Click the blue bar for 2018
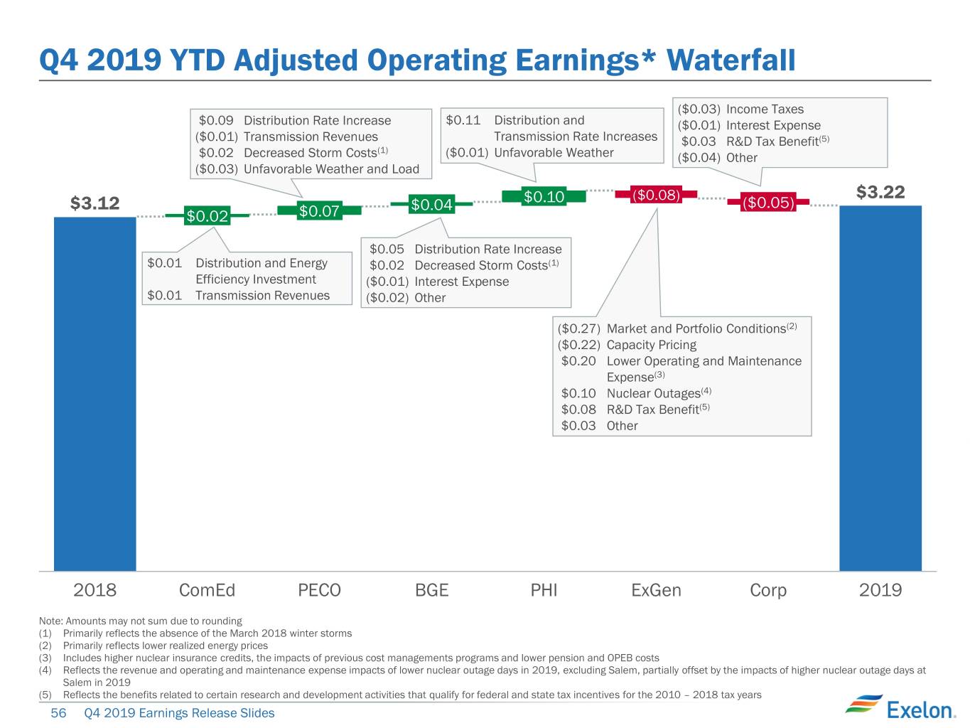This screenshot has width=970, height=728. (95, 393)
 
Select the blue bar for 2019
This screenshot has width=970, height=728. (880, 388)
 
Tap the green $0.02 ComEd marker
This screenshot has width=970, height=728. (207, 215)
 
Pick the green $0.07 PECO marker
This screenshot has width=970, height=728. (319, 210)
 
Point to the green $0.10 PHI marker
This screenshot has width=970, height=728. (544, 196)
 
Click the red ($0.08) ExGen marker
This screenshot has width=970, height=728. (656, 195)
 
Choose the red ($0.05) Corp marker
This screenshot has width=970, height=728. (768, 202)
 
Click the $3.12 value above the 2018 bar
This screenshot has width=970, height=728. (95, 203)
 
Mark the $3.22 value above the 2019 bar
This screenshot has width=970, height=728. (880, 192)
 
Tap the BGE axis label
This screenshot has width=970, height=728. (432, 590)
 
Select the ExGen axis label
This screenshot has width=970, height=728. (656, 590)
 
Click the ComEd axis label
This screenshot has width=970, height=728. (207, 590)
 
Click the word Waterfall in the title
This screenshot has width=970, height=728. (731, 60)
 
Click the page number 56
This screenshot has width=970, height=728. (58, 713)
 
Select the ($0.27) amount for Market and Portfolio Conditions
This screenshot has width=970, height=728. (579, 329)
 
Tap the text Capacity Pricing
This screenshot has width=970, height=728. (652, 345)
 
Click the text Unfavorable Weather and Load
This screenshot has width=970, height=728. (331, 169)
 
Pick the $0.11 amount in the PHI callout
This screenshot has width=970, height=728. (463, 120)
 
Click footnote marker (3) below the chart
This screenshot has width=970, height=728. (45, 658)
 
